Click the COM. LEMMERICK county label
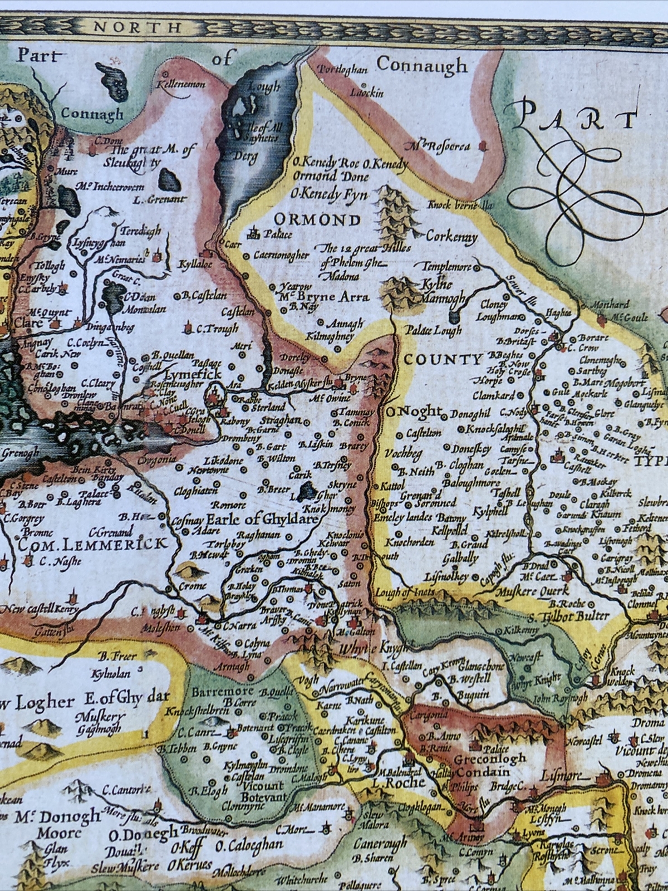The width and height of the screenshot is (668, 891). click(x=94, y=543)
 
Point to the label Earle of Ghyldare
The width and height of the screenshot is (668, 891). click(x=262, y=520)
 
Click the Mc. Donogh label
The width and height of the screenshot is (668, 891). click(x=58, y=816)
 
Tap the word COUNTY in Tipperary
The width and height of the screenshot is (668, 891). click(x=443, y=359)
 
